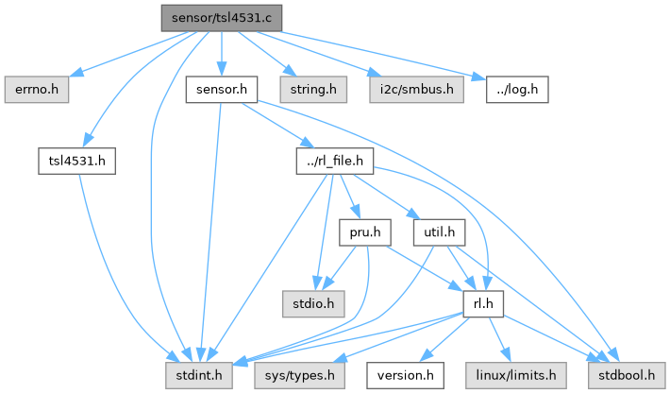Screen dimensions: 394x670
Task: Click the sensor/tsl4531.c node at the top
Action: point(221,18)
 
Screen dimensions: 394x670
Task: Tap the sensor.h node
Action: point(222,90)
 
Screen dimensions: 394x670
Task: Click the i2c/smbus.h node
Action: point(416,90)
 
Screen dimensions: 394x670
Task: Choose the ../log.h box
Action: point(518,90)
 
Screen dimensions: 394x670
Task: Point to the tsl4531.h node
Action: point(77,161)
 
